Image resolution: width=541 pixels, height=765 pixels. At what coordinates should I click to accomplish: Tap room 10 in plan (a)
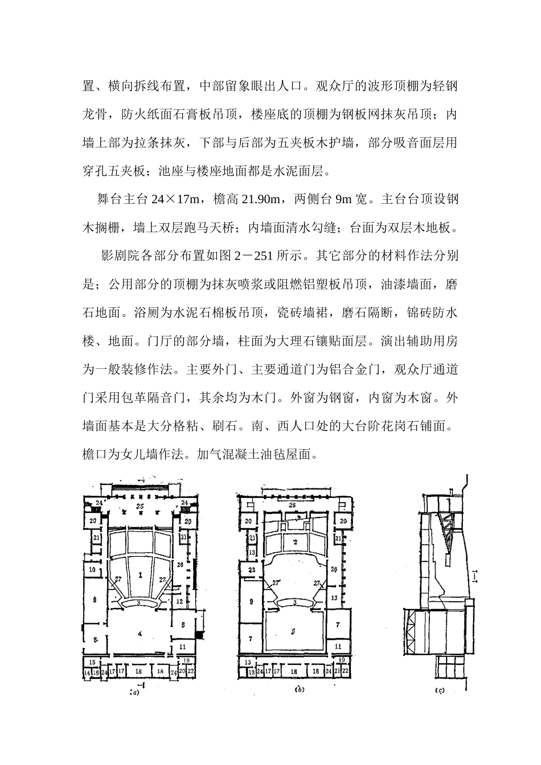pos(91,569)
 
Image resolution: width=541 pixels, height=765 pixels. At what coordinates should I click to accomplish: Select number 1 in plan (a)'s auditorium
pos(140,575)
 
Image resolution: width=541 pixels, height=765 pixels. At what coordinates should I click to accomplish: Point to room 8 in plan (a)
pos(95,599)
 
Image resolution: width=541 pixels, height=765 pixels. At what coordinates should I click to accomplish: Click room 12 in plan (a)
pos(179,601)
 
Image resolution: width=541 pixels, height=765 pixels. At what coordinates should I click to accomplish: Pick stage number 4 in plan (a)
pos(140,634)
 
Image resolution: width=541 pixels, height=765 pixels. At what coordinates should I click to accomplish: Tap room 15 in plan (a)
pos(91,662)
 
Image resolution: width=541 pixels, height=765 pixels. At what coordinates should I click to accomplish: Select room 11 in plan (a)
pos(182,647)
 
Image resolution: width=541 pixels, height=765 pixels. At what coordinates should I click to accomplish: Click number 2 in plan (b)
pos(295,542)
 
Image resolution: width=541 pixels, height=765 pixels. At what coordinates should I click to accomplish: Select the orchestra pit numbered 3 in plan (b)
pos(294,602)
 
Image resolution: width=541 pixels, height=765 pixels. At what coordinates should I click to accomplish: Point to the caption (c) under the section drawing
pos(440,690)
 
